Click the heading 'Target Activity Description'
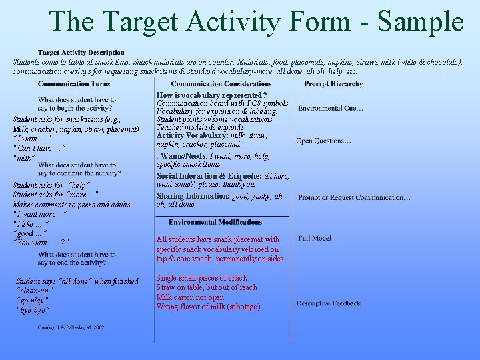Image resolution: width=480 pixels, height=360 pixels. (x=81, y=53)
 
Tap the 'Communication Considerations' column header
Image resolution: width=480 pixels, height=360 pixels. (x=221, y=84)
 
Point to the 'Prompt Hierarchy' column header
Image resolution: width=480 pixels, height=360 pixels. (x=333, y=84)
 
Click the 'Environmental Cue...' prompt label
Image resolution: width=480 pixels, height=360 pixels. (x=331, y=109)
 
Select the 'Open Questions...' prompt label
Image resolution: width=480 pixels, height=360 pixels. (x=323, y=141)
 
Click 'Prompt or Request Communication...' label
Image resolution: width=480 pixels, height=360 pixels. (x=354, y=197)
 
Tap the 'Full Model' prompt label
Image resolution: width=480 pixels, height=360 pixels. (x=315, y=238)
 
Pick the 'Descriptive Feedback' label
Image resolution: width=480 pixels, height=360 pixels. (x=328, y=303)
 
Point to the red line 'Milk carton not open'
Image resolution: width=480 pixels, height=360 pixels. (x=190, y=297)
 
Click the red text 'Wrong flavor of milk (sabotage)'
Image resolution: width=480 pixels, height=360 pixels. (x=208, y=307)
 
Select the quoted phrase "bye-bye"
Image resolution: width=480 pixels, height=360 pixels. (x=33, y=309)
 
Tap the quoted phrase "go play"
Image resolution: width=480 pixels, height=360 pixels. (x=32, y=300)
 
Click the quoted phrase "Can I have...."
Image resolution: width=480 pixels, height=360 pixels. (x=39, y=147)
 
